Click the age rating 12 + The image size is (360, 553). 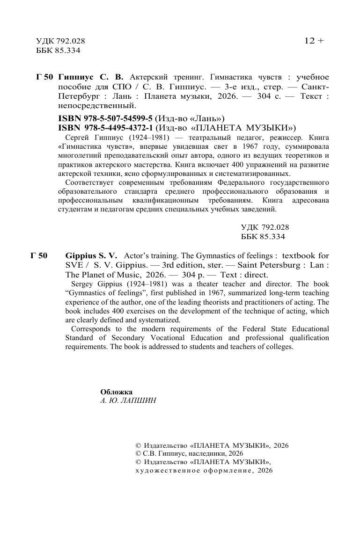point(314,41)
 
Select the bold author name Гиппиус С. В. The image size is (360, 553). point(91,77)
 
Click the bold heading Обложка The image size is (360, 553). point(117,392)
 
